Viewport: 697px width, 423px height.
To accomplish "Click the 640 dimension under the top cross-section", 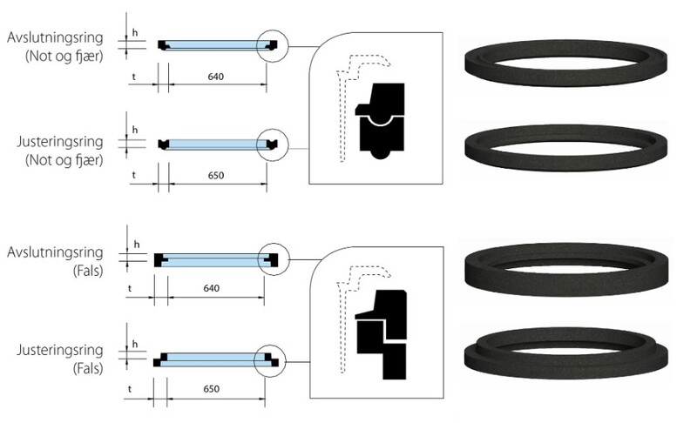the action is pos(215,77).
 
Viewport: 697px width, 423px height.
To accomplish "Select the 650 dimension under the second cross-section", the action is pos(216,175).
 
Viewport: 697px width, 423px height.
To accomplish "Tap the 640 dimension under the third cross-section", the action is pos(211,288).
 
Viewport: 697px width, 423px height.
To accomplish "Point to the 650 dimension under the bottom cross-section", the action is pos(211,389).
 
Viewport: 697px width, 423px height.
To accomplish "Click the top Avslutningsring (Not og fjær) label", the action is pos(55,47).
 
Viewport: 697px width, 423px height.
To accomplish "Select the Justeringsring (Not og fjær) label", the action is pos(60,151).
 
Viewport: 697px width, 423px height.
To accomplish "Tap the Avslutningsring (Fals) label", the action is pos(55,261).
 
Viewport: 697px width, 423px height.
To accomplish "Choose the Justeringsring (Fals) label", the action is pos(60,359).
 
